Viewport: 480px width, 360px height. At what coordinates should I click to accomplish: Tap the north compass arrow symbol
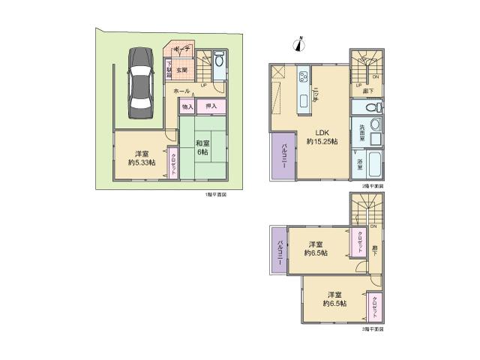pyautogui.click(x=299, y=43)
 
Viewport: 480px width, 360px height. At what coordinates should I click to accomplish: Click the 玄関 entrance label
pyautogui.click(x=181, y=72)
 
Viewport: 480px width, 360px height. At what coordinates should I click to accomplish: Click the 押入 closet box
pyautogui.click(x=211, y=107)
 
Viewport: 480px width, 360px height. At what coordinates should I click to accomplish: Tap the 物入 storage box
pyautogui.click(x=187, y=107)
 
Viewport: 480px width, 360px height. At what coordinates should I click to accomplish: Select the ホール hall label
pyautogui.click(x=181, y=91)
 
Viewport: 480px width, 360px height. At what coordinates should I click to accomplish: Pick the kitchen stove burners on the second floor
pyautogui.click(x=304, y=76)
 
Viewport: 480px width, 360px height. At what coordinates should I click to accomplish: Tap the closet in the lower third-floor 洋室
pyautogui.click(x=375, y=307)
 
